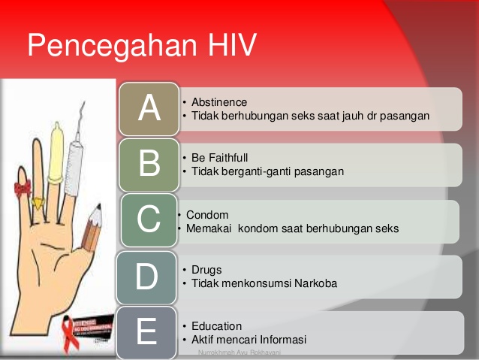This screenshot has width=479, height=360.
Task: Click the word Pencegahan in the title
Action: pos(107,46)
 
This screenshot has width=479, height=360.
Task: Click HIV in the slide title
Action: pos(226,46)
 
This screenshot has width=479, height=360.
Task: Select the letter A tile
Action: pos(149,109)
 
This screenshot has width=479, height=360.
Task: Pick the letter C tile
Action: pos(149,220)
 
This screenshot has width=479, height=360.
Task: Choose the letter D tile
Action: pos(146,276)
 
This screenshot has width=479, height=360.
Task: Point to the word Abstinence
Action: pos(218,102)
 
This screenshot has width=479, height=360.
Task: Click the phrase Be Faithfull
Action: pos(219,158)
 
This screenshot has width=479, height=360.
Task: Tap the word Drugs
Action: pos(206,270)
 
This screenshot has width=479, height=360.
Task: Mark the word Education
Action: pos(216,326)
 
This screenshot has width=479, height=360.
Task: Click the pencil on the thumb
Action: pos(92,229)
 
